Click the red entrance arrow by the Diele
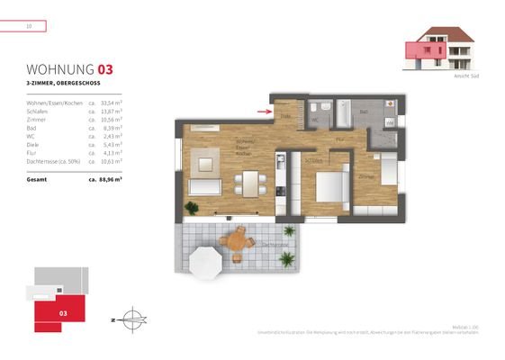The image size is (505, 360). pos(262,112)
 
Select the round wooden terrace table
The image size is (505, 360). pos(238,239)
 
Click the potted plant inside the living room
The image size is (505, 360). pos(191,208)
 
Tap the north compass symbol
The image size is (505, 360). pos(131,318)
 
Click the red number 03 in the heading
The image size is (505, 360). pos(105,68)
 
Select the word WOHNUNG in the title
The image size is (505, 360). pos(60,68)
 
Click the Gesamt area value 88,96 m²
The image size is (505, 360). pos(105,179)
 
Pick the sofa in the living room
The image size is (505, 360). pos(204,187)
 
